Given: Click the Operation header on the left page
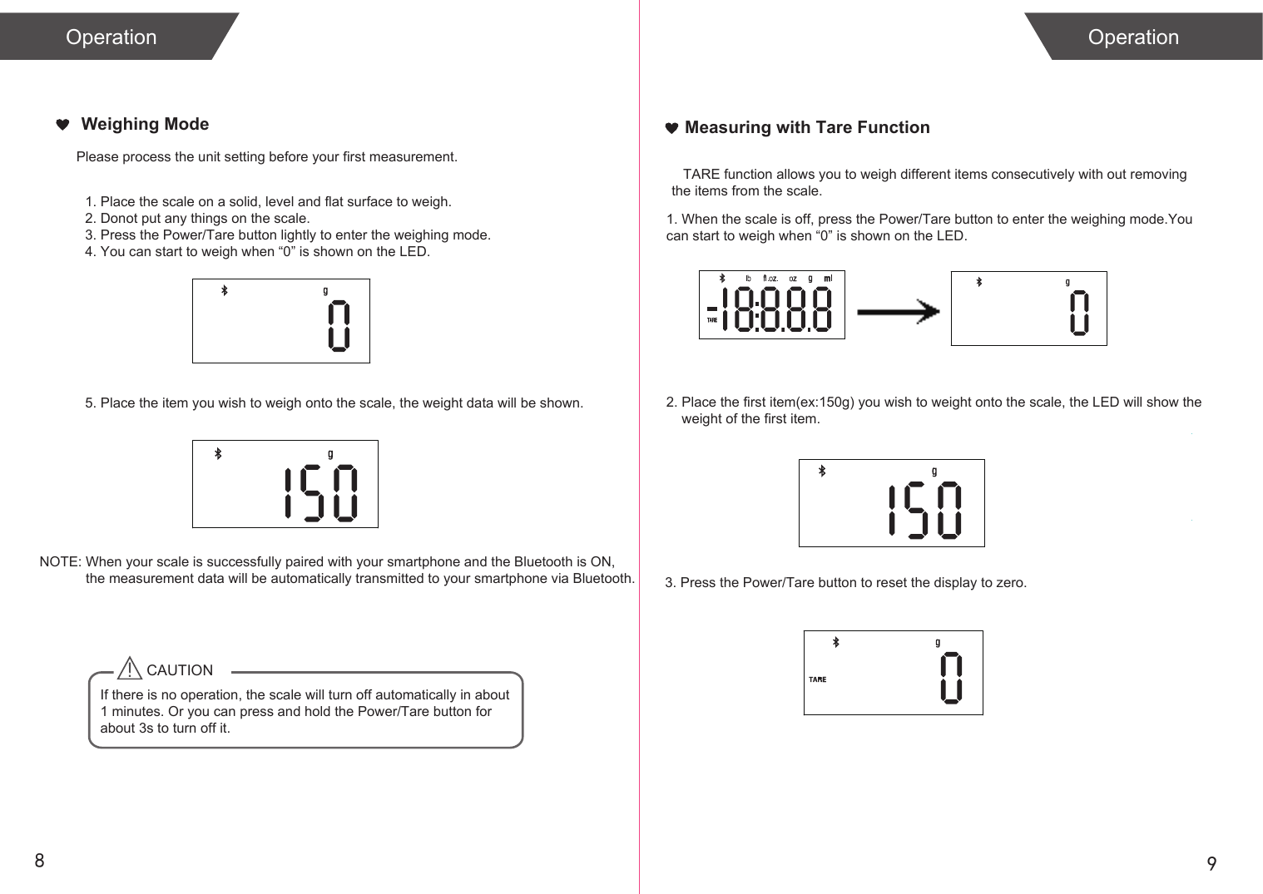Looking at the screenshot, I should [x=111, y=37].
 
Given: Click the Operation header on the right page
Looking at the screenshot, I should [x=1132, y=37].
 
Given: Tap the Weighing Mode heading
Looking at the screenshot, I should [x=145, y=124].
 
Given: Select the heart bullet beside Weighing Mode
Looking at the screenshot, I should [x=62, y=125].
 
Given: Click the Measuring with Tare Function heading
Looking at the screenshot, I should [x=806, y=127].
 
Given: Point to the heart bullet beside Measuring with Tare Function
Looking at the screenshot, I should [x=672, y=128].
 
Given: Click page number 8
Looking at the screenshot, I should [x=39, y=860].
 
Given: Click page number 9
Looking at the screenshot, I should [x=1211, y=863].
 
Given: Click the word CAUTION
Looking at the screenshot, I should [x=180, y=670].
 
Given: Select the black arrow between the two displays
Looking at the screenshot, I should [x=898, y=312].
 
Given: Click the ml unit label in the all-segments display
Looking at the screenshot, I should [x=828, y=279].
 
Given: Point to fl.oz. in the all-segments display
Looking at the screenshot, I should [x=770, y=279].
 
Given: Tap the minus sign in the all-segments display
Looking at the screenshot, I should [x=711, y=309].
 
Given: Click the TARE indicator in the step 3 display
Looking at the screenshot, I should [x=818, y=679].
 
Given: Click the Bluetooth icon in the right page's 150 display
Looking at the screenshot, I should [x=822, y=471].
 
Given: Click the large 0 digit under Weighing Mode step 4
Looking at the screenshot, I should [x=339, y=326].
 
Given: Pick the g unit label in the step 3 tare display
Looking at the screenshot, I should [x=938, y=643].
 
